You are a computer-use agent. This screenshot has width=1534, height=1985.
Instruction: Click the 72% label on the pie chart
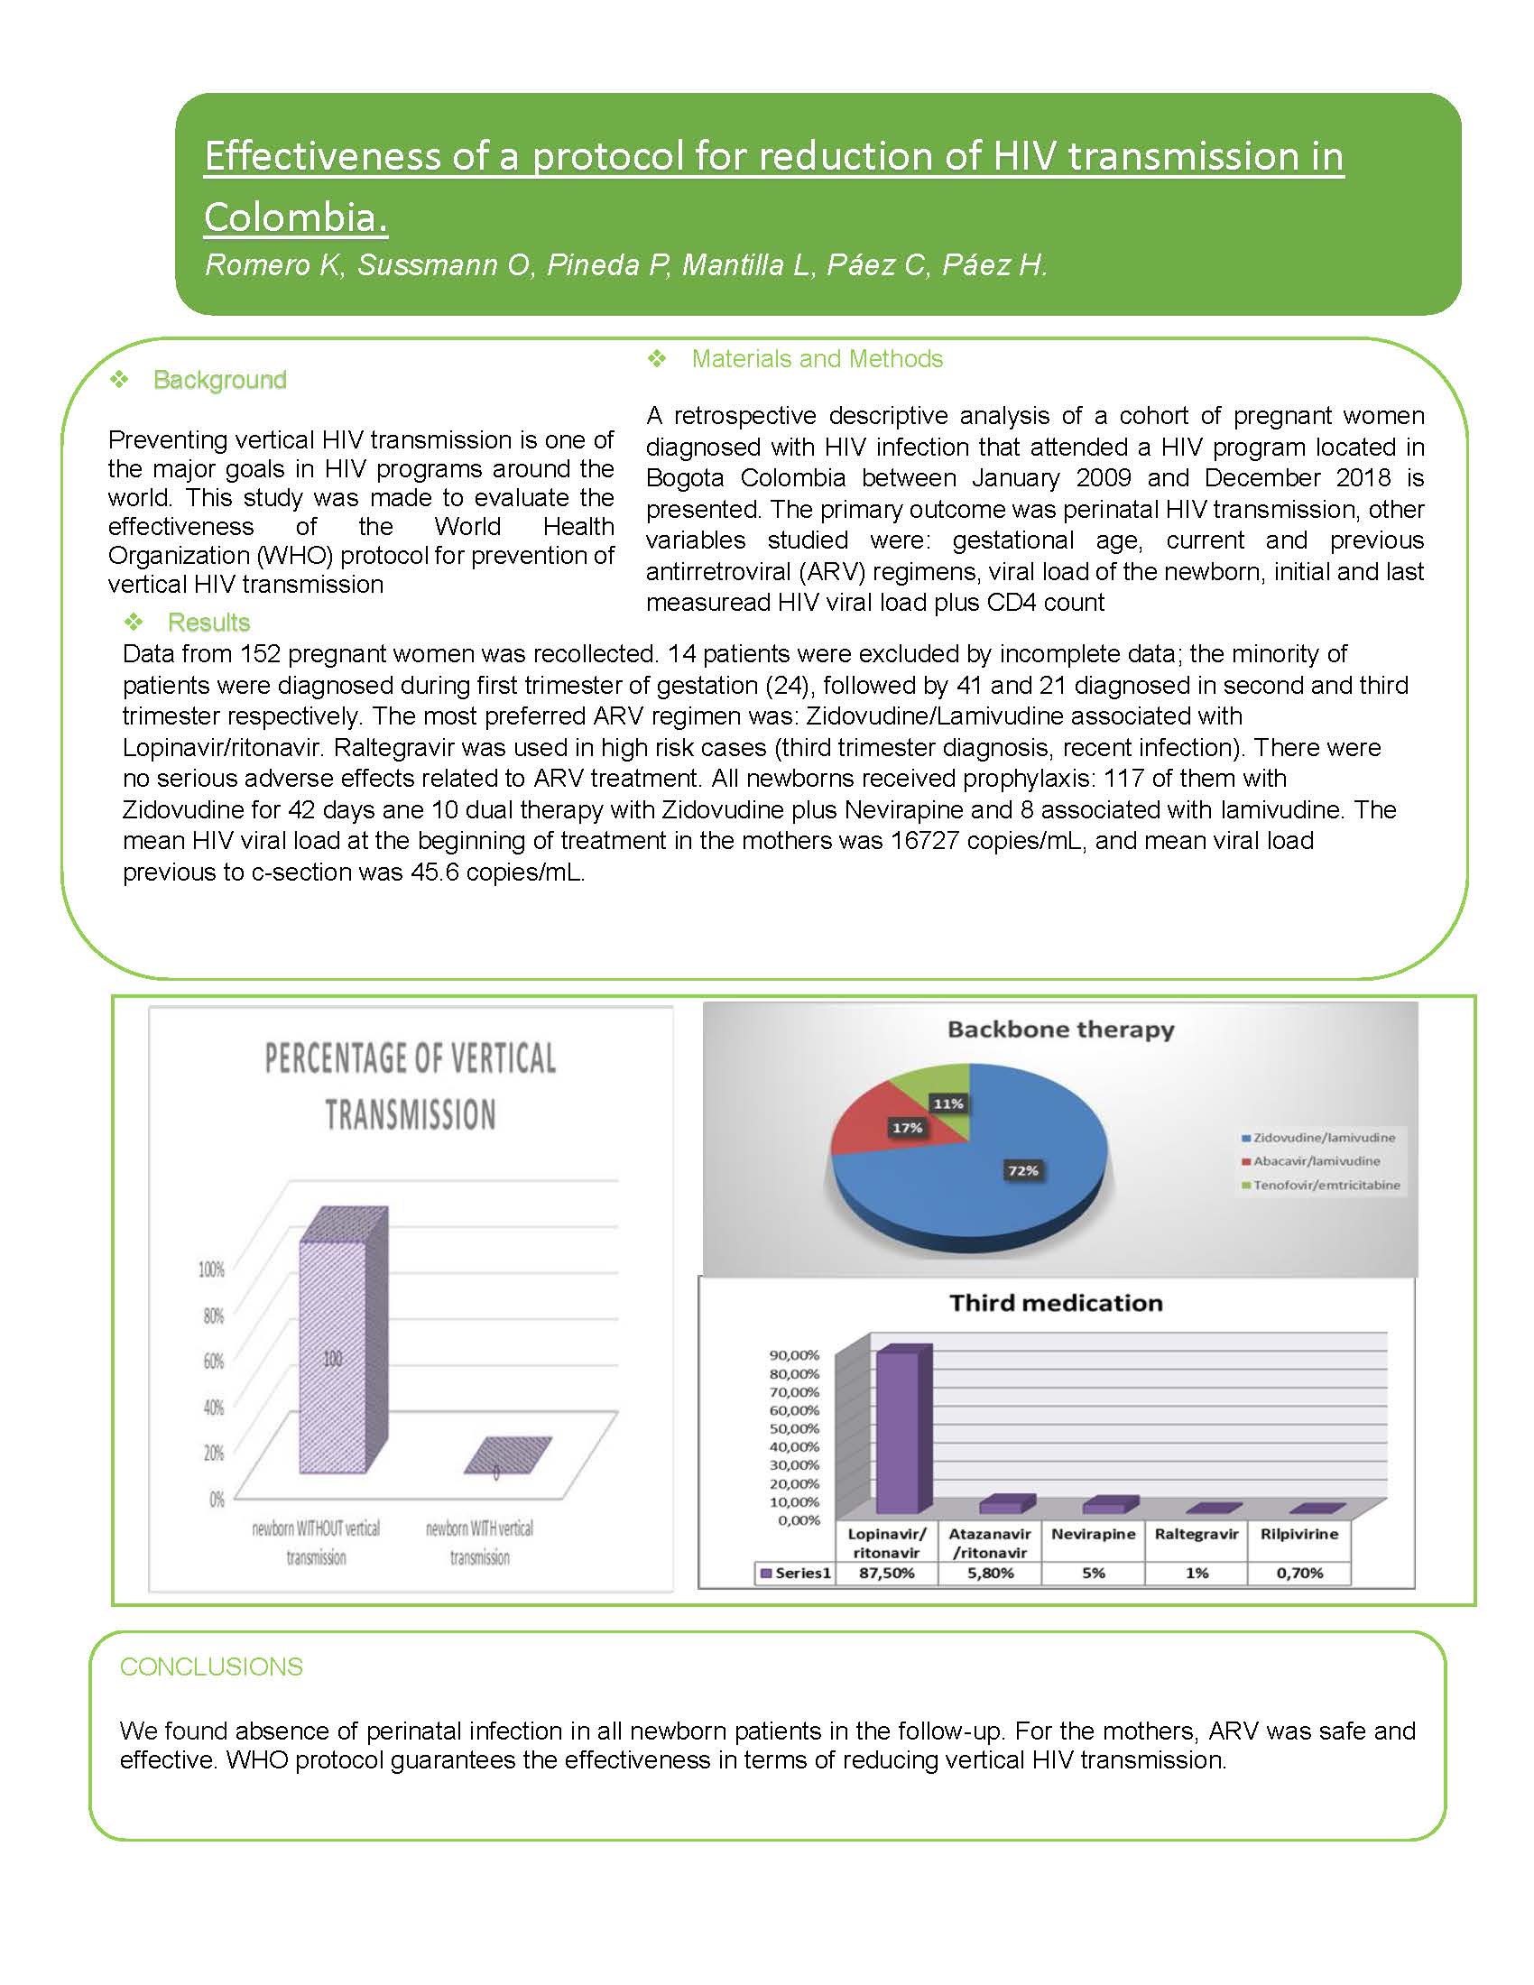(x=1022, y=1169)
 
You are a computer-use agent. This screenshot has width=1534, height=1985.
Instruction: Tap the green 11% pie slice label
(x=947, y=1103)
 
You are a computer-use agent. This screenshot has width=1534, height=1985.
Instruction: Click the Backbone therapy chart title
(x=1060, y=1029)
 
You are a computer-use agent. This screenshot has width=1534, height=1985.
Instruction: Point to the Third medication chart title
(x=1056, y=1302)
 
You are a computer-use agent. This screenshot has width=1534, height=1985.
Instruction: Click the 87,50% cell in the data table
(x=886, y=1573)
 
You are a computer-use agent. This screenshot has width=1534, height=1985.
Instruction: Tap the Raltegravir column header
(x=1196, y=1533)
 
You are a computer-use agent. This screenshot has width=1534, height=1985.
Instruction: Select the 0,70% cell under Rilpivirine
(x=1299, y=1573)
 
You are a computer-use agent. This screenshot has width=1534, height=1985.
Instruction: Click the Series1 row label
(x=797, y=1573)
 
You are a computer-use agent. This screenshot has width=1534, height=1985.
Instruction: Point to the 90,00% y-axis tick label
(x=794, y=1355)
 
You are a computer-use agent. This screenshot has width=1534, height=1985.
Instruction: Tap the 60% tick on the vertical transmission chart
(x=213, y=1361)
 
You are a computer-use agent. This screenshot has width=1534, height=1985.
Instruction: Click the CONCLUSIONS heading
(x=211, y=1666)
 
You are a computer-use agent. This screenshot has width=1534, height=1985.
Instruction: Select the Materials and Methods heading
(x=817, y=359)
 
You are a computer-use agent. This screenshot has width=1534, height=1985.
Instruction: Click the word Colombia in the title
(x=295, y=217)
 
